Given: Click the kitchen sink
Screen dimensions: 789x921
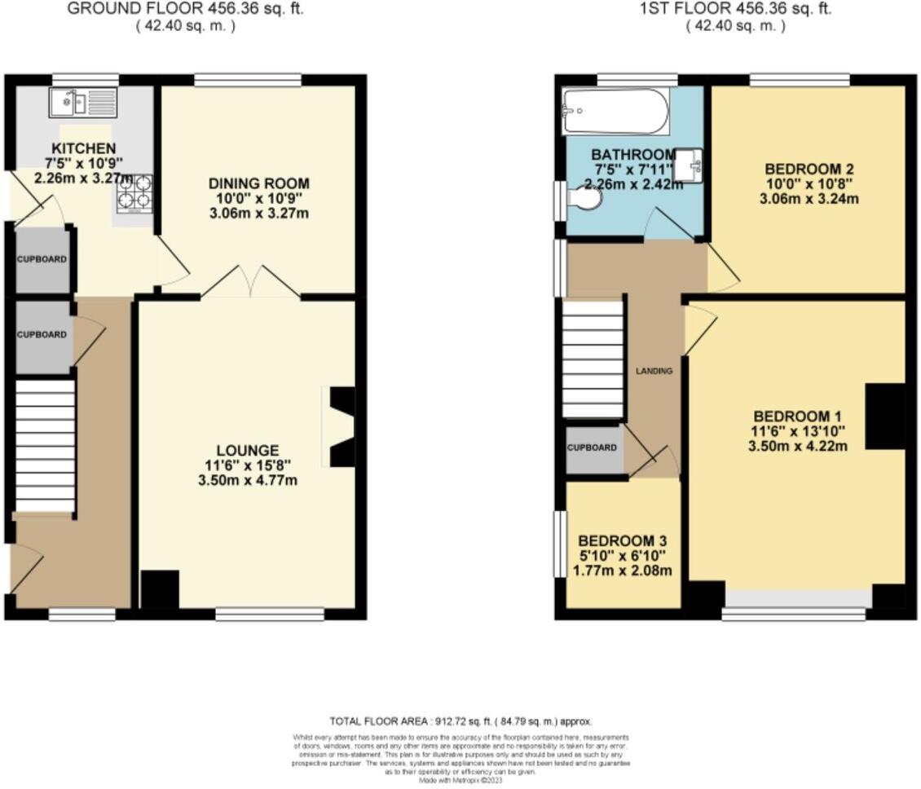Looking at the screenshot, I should coord(82,103).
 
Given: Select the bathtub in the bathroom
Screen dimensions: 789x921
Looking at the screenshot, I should coord(615,112).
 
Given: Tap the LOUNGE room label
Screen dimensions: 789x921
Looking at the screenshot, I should coord(247,450).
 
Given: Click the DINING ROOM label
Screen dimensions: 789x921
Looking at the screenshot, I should coord(258,183).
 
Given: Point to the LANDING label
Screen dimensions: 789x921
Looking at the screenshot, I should coord(654,371).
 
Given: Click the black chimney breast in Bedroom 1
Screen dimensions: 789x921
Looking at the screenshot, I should coord(884,417).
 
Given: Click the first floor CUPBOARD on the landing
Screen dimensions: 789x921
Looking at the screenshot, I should coord(593,447).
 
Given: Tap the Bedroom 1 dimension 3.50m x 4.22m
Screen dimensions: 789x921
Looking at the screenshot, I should coord(797,446).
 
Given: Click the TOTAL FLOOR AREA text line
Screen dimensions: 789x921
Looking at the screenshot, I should coord(460,721).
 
